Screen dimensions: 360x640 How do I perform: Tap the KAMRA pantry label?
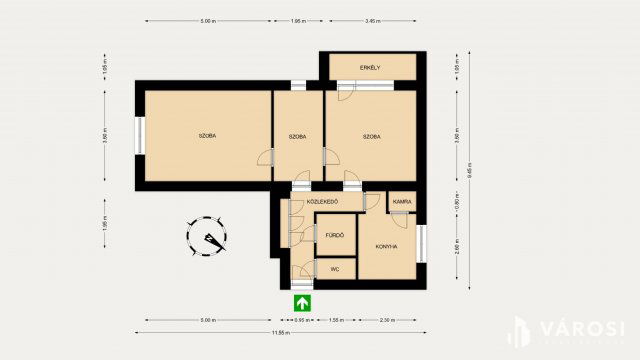402,202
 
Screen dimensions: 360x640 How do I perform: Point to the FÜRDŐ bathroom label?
334,236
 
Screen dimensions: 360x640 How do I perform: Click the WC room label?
335,269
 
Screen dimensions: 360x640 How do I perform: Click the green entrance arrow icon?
300,302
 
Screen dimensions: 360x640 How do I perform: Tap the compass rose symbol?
208,237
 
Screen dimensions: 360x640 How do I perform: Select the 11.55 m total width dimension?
280,332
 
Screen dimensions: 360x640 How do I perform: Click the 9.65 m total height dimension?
470,170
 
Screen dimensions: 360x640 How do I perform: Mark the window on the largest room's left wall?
141,135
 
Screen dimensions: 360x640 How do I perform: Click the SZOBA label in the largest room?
207,136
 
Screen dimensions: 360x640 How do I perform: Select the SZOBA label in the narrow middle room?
297,136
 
